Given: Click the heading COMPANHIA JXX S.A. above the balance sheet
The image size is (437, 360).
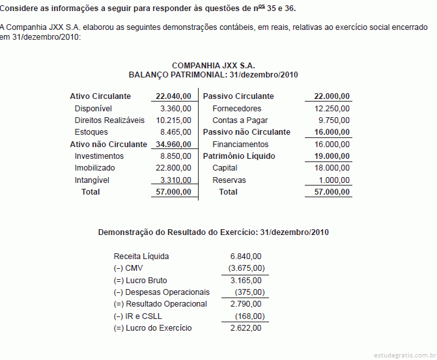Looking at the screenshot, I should tap(214, 66).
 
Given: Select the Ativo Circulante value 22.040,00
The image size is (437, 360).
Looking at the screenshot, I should tap(173, 96).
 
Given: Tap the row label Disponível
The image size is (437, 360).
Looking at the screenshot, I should tap(94, 109).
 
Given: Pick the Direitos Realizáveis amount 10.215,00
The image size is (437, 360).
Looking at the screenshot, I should tap(173, 120).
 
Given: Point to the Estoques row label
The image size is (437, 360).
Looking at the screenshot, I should tap(91, 132).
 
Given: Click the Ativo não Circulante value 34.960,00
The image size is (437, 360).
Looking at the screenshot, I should tap(173, 145).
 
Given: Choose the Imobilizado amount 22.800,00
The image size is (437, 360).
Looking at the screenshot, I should tap(173, 168).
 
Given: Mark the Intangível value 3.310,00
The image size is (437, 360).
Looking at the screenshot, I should tap(175, 180).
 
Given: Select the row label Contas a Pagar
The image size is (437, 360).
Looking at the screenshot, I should tap(240, 120).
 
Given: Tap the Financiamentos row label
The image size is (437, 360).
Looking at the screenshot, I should tap(240, 145).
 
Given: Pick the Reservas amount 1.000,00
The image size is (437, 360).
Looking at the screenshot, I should tap(334, 180).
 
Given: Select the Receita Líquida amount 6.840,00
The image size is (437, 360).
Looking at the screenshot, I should tap(246, 256).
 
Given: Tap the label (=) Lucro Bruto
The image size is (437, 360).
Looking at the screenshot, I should tap(140, 281).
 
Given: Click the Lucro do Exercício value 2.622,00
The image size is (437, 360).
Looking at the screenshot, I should tap(246, 328).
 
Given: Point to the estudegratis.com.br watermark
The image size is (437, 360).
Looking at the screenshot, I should tap(404, 355).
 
